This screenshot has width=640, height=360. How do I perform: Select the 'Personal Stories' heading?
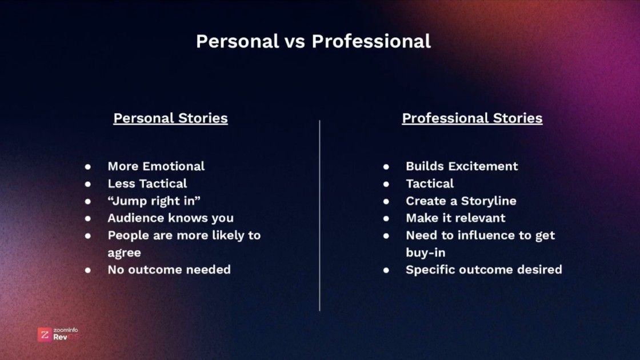click(x=170, y=118)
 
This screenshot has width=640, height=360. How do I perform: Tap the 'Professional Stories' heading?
click(x=472, y=118)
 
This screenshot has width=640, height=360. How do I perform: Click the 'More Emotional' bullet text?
click(x=156, y=166)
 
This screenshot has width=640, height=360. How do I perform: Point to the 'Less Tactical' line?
click(x=147, y=183)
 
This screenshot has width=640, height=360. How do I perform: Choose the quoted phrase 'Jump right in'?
click(x=154, y=201)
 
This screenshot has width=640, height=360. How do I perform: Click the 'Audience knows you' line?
click(x=170, y=218)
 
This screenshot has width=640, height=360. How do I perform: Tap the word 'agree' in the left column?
click(x=124, y=253)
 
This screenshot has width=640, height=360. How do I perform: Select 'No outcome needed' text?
click(x=169, y=269)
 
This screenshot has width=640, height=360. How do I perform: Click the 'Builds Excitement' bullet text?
click(x=462, y=166)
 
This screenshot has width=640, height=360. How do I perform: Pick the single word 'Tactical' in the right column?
click(x=430, y=183)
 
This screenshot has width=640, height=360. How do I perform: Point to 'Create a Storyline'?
click(x=461, y=201)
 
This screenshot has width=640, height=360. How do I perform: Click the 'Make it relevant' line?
click(x=455, y=218)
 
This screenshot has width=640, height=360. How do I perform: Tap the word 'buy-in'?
click(x=425, y=253)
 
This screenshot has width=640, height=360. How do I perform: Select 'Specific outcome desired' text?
click(x=483, y=269)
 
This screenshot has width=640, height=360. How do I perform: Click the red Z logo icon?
click(x=44, y=334)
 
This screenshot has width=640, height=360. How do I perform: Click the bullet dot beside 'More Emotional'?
click(x=88, y=167)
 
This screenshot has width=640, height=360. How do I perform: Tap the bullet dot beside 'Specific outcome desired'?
click(x=386, y=270)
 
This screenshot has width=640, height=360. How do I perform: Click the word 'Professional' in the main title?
click(x=371, y=42)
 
